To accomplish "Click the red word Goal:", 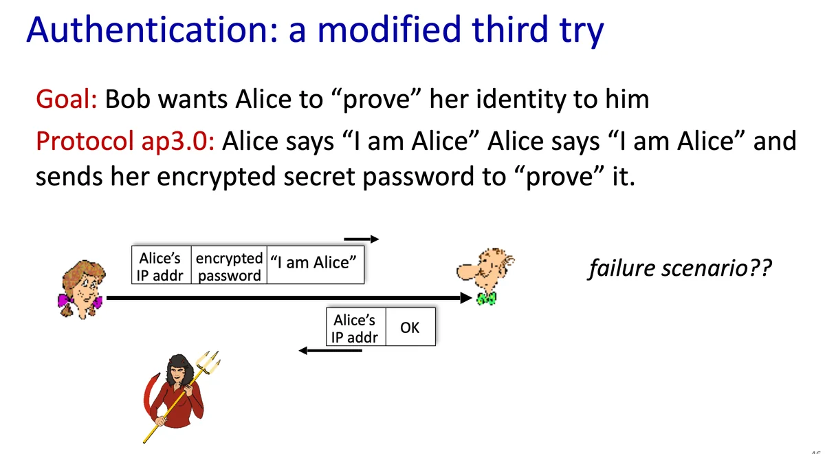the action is pyautogui.click(x=67, y=99).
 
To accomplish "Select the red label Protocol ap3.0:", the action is pyautogui.click(x=125, y=141).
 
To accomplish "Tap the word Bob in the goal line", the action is pyautogui.click(x=127, y=99).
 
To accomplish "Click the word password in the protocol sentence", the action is pyautogui.click(x=418, y=177).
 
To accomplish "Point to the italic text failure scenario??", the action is pyautogui.click(x=680, y=268).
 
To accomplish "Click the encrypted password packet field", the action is pyautogui.click(x=229, y=266).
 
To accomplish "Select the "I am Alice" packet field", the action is pyautogui.click(x=316, y=266).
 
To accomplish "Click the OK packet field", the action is pyautogui.click(x=410, y=327).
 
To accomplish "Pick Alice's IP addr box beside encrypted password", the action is pyautogui.click(x=162, y=266).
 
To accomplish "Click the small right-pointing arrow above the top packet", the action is pyautogui.click(x=362, y=239).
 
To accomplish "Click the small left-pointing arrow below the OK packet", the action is pyautogui.click(x=331, y=350).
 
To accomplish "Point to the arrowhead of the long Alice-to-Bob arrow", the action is pyautogui.click(x=466, y=298).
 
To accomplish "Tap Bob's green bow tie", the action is pyautogui.click(x=486, y=299).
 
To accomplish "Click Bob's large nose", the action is pyautogui.click(x=466, y=271).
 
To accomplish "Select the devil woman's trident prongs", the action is pyautogui.click(x=208, y=362).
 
